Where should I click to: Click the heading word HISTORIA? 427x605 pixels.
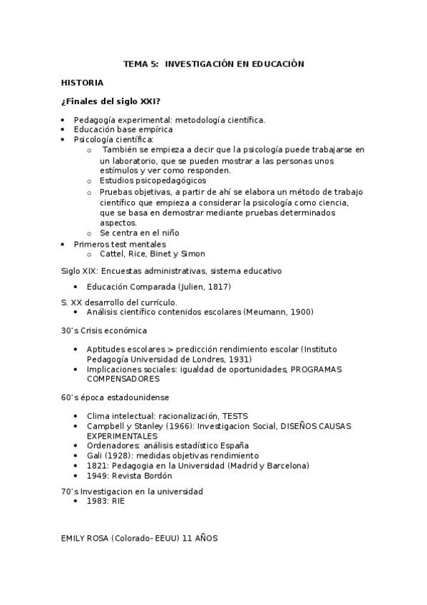pos(82,83)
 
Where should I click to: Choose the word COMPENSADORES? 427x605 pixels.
pos(118,379)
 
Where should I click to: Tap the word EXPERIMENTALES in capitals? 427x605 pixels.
pos(122,435)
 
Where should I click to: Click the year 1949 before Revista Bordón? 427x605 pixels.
pos(98,475)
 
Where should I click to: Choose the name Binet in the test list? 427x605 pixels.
pos(164,253)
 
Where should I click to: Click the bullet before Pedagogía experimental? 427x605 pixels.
pos(63,120)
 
